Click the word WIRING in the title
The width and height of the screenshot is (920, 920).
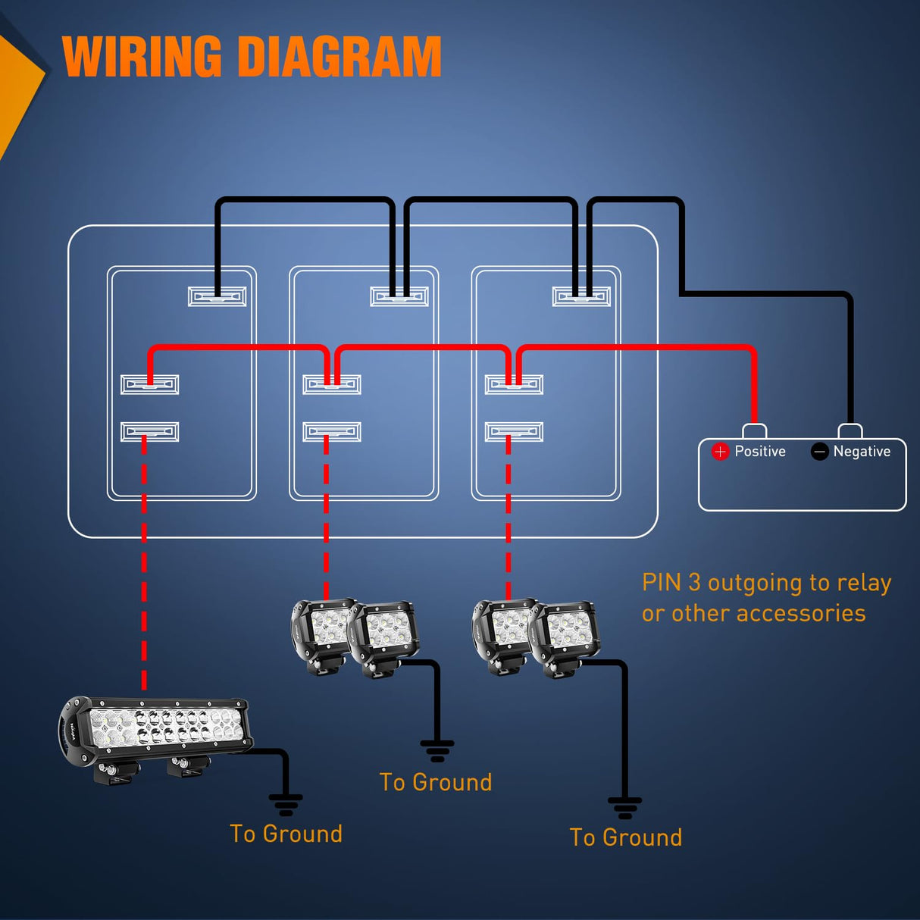click(x=142, y=57)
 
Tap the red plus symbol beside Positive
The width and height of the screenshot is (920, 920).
click(x=720, y=452)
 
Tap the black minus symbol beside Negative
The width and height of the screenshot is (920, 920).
click(x=819, y=452)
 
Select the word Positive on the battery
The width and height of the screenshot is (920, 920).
click(x=760, y=452)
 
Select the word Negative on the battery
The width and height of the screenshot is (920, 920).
click(x=862, y=452)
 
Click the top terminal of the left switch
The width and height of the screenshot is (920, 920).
click(x=217, y=296)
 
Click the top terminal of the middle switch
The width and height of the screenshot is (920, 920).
click(x=399, y=296)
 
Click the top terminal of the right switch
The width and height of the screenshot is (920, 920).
click(x=581, y=296)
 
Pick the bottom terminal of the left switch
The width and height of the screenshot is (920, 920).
click(x=150, y=432)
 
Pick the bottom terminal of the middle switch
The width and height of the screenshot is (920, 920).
click(x=332, y=432)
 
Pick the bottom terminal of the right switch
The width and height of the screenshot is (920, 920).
click(x=514, y=432)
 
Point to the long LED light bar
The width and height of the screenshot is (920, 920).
click(x=155, y=731)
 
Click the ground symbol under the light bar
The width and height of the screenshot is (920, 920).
click(x=286, y=804)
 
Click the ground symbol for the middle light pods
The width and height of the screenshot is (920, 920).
click(x=437, y=750)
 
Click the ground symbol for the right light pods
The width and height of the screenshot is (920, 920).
click(x=624, y=808)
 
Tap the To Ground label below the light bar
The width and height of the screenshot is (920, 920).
click(x=286, y=834)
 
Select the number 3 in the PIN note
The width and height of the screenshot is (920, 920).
click(x=694, y=583)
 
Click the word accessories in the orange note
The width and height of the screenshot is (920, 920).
click(x=806, y=613)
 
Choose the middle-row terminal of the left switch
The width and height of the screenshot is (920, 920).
click(x=150, y=384)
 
